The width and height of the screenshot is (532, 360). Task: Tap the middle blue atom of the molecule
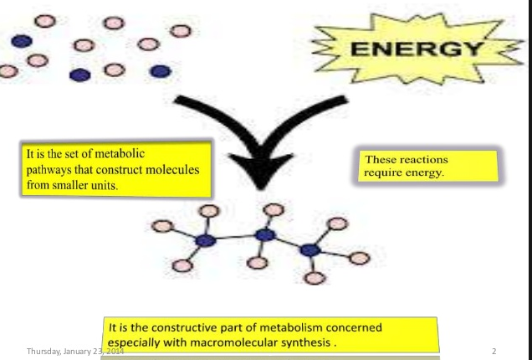click(265, 235)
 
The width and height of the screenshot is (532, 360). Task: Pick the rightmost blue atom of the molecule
click(311, 249)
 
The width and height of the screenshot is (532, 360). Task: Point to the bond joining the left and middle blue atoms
click(234, 239)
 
